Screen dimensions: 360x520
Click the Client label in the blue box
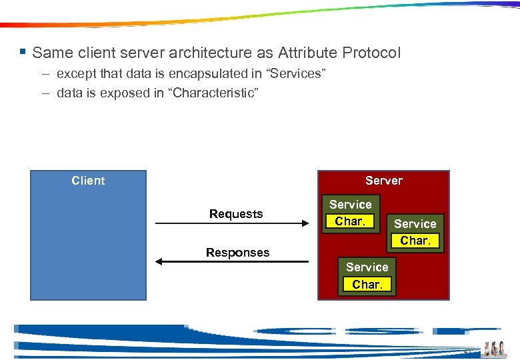(88, 181)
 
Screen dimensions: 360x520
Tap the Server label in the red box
(384, 181)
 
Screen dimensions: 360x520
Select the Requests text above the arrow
(236, 214)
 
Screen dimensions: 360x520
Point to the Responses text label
(238, 253)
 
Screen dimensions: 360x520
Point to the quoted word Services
(294, 74)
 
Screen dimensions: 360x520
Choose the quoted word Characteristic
(215, 93)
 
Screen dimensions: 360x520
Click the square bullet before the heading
(23, 51)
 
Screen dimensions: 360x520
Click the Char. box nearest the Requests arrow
(350, 221)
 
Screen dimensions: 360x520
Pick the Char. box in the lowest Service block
(367, 285)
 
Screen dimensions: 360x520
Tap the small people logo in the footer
(495, 349)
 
